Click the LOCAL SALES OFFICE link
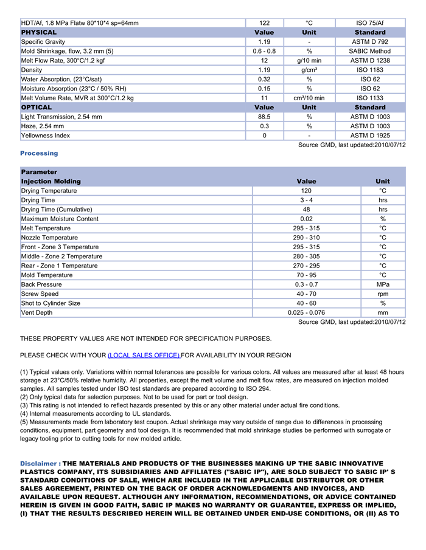[x=144, y=355]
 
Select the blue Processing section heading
[x=39, y=154]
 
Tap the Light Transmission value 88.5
[x=264, y=117]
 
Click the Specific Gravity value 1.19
[x=264, y=42]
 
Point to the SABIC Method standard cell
[x=370, y=51]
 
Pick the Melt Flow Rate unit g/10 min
[x=309, y=61]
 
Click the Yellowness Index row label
[x=46, y=136]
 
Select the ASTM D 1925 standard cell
[x=370, y=136]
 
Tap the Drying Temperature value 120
[x=306, y=191]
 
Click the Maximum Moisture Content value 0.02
[x=306, y=219]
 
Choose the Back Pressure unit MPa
[x=383, y=284]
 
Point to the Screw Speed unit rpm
[x=383, y=294]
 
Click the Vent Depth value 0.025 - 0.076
[x=306, y=313]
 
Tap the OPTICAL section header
[x=37, y=108]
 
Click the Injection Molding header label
[x=51, y=182]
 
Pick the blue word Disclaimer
[x=38, y=464]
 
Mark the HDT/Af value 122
[x=264, y=23]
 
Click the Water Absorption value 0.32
[x=264, y=79]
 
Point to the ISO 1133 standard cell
[x=370, y=98]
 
